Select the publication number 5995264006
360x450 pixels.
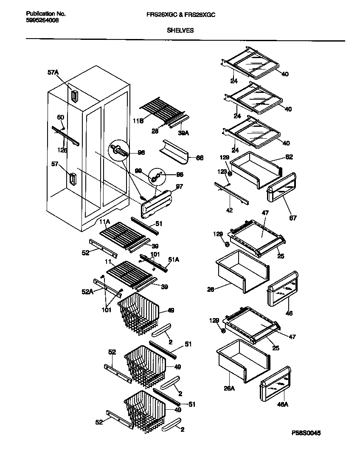click(39, 20)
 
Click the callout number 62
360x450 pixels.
click(289, 157)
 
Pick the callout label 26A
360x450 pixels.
click(229, 387)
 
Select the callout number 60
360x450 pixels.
click(60, 117)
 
